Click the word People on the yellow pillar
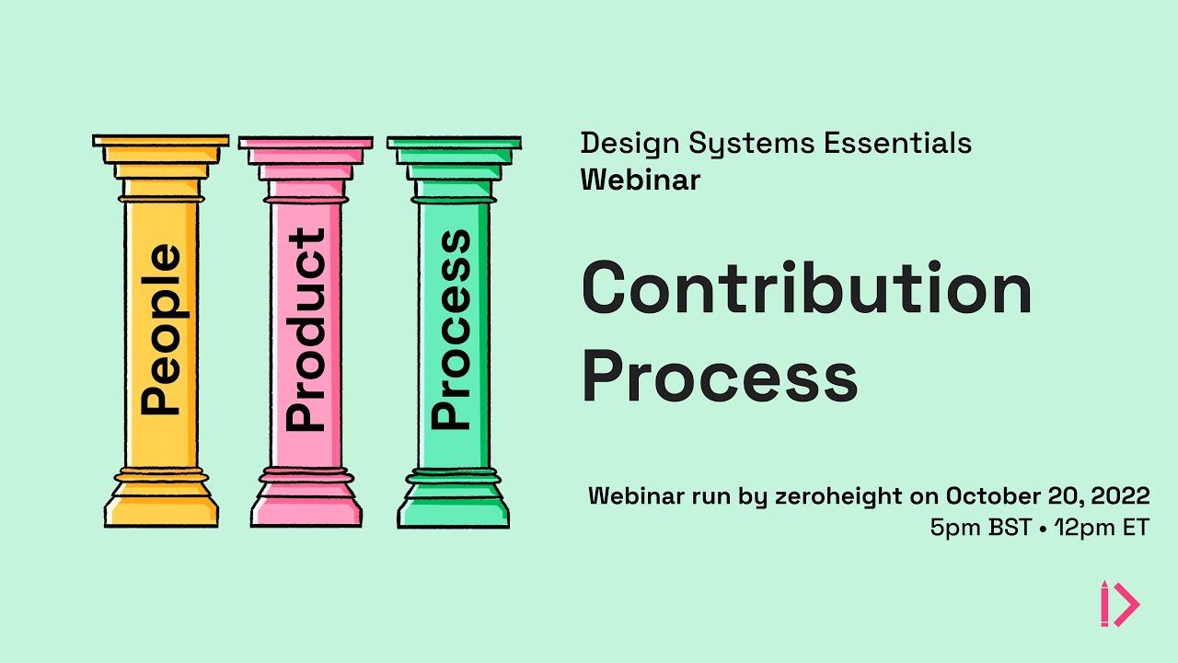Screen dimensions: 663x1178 coord(160,329)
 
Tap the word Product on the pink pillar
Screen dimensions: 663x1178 coord(306,329)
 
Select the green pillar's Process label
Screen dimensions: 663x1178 coord(451,329)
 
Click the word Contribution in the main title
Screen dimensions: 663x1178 coord(806,288)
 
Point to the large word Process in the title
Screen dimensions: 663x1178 coord(720,376)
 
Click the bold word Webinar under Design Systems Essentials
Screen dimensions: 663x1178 coord(640,179)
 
